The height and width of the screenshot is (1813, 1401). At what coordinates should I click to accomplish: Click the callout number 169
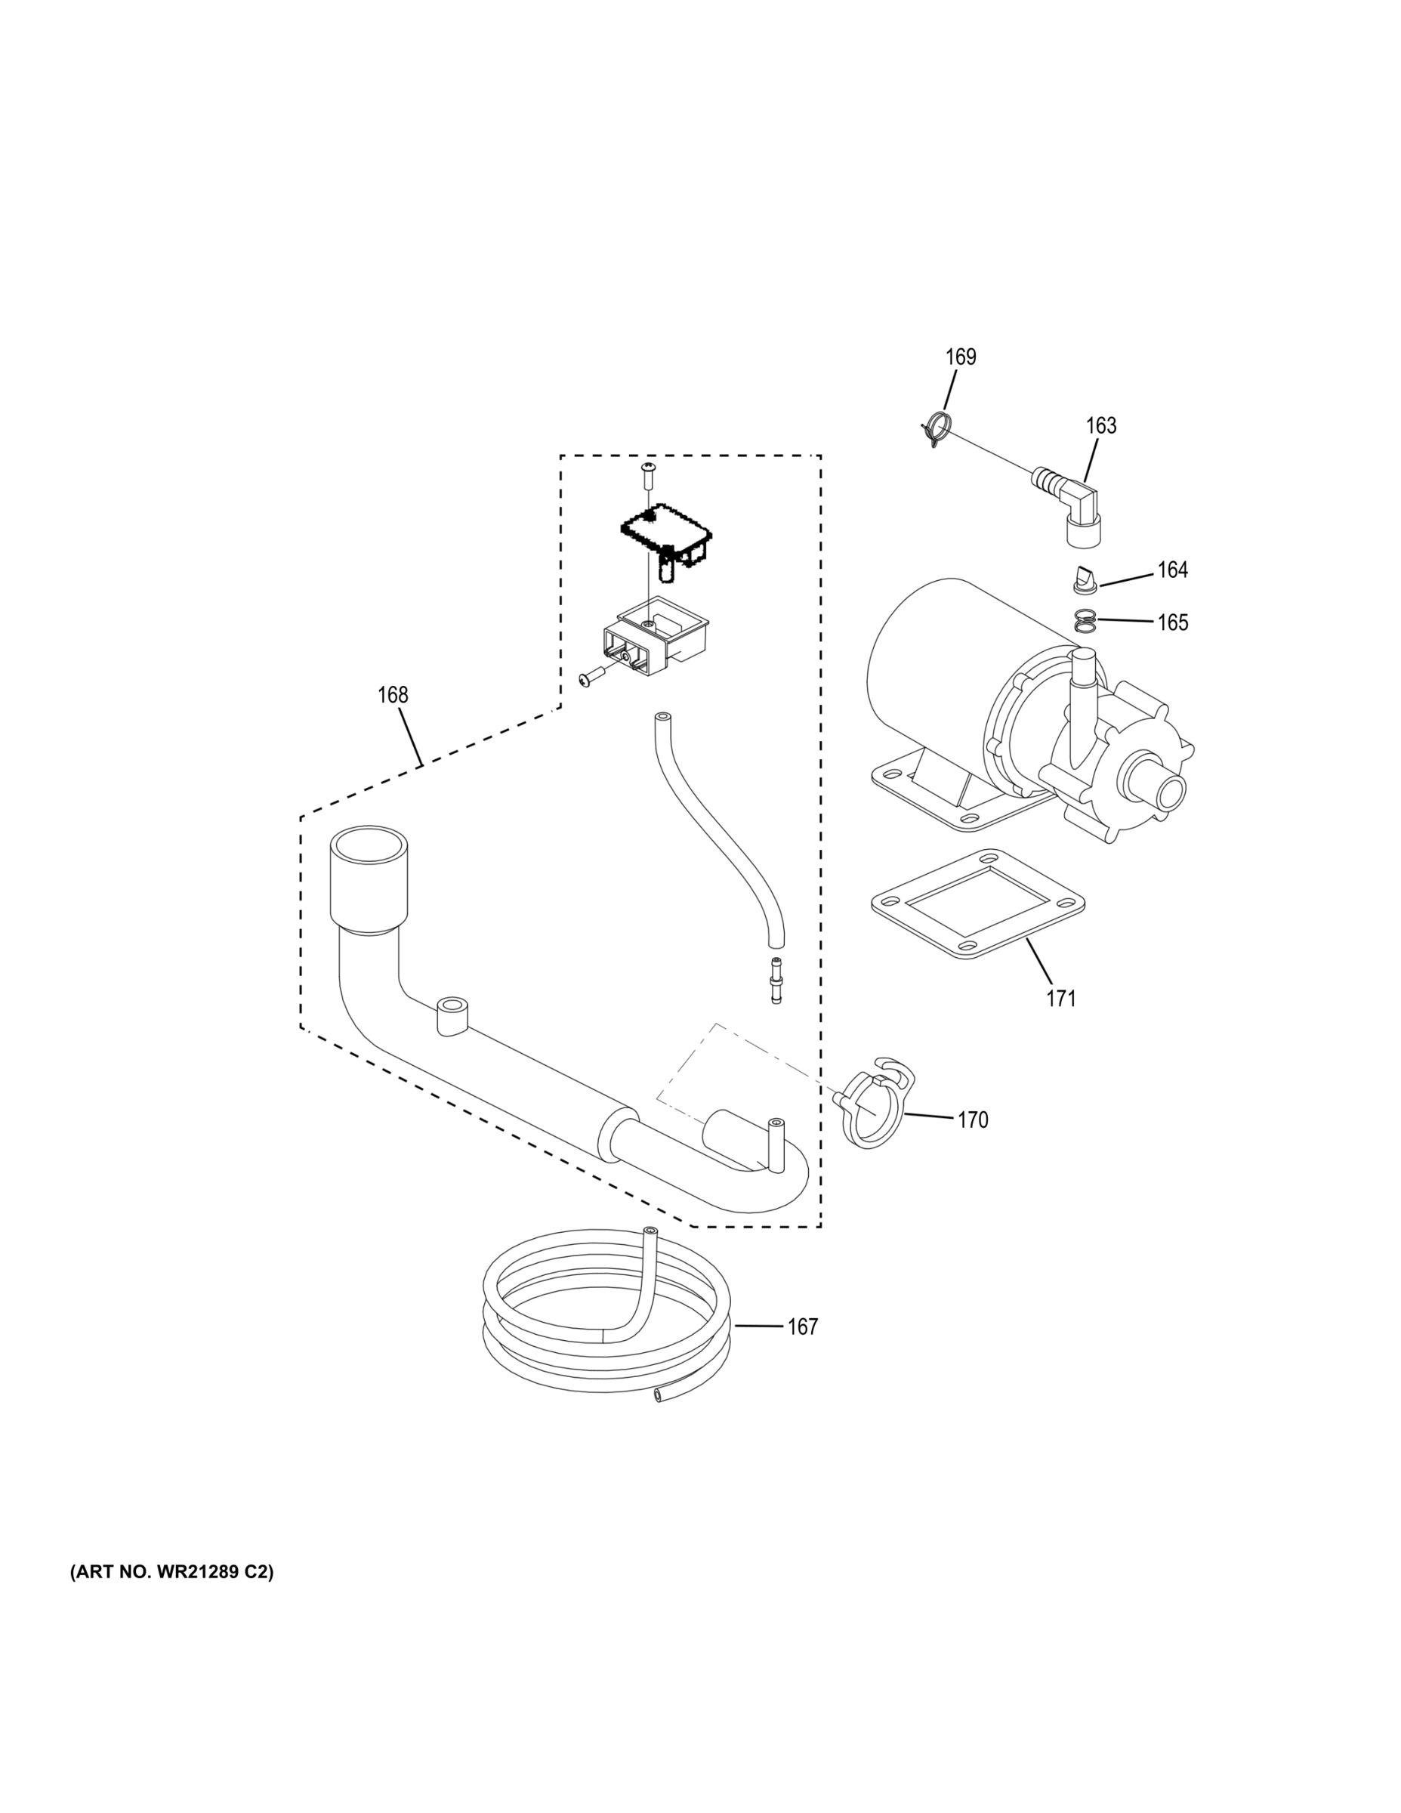(960, 357)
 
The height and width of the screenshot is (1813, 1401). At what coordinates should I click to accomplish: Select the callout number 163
(1100, 426)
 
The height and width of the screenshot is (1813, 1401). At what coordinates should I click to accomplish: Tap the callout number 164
(1172, 570)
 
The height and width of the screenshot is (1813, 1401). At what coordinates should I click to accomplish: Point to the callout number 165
(1172, 622)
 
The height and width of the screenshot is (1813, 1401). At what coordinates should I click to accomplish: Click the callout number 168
(393, 695)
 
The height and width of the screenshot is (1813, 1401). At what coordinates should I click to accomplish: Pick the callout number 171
(1060, 999)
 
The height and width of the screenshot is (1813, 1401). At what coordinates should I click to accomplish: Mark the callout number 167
(803, 1327)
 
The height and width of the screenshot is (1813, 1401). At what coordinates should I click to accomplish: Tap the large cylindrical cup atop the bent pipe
(369, 875)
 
